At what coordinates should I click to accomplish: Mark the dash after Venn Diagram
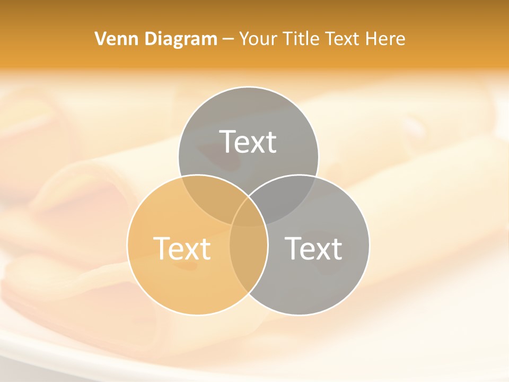pos(228,39)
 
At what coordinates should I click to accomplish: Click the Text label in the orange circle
pos(182,248)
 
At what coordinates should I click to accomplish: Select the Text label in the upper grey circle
pos(248,142)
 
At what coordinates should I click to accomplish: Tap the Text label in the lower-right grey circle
pos(313,248)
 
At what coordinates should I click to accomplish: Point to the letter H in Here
pos(376,39)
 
